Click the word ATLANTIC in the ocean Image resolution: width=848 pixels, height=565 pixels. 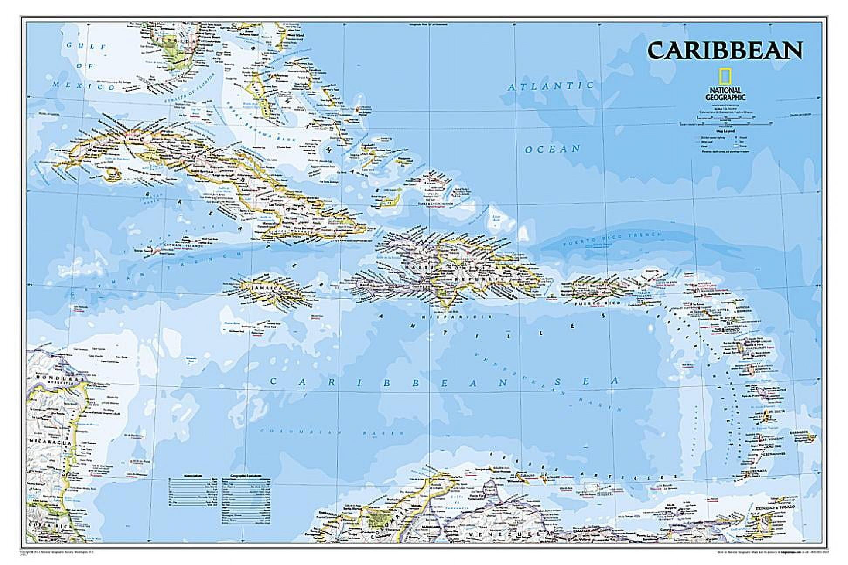pos(551,86)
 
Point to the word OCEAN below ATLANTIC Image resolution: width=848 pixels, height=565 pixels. pos(553,149)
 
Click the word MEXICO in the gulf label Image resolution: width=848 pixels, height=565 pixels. pos(83,86)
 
